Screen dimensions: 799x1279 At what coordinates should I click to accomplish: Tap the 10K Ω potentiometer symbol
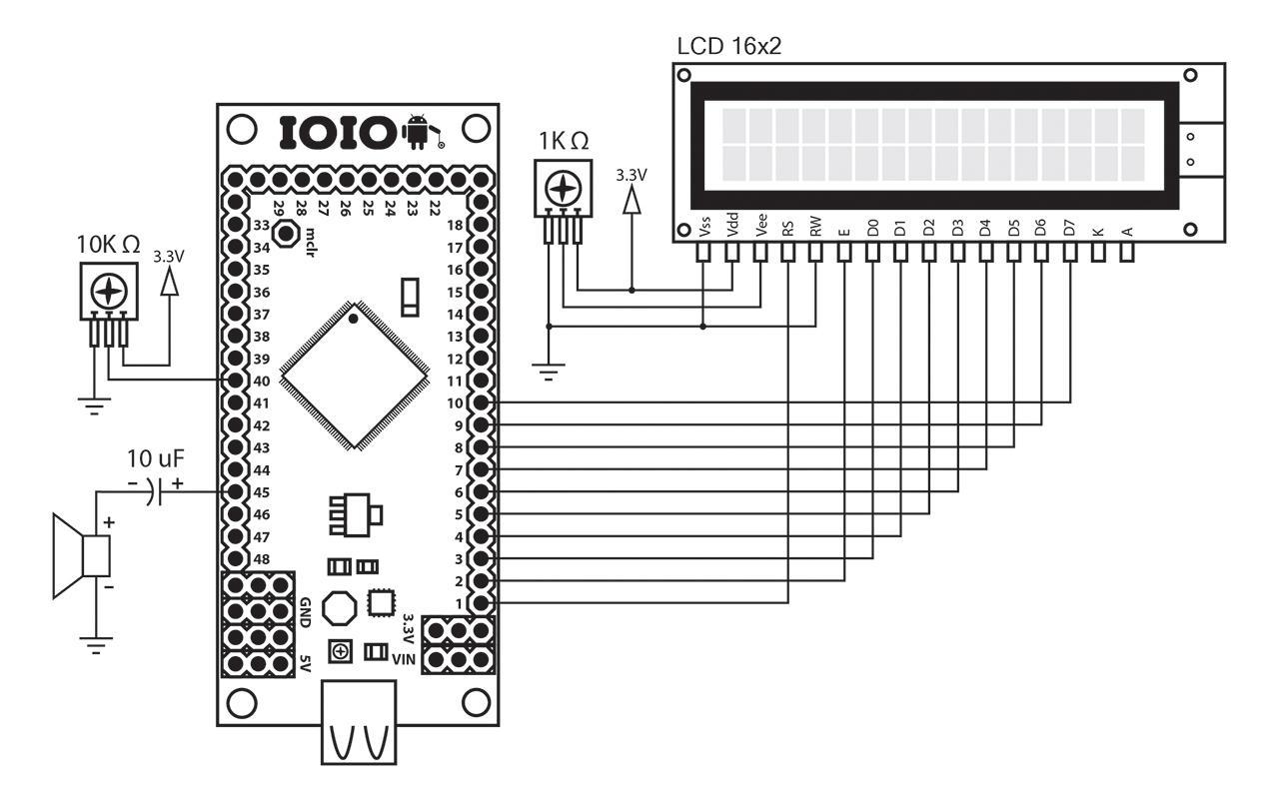[107, 291]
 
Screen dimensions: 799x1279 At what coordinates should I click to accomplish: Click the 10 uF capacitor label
[155, 460]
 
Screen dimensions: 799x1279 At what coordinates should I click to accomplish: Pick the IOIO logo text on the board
[338, 133]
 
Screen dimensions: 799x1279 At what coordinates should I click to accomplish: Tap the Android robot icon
[417, 133]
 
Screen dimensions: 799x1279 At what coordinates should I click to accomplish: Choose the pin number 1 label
[457, 603]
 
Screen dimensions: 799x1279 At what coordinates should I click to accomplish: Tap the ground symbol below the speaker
[96, 646]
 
